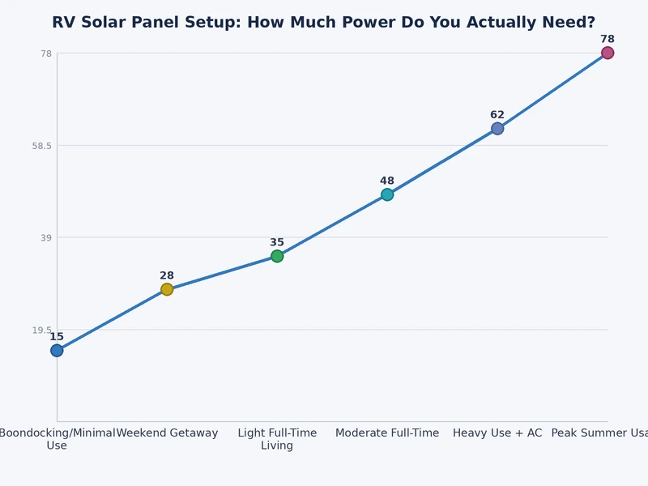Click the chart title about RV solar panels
(323, 23)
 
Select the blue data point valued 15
(57, 351)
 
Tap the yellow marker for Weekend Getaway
(167, 289)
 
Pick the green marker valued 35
(277, 257)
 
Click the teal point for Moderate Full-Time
(387, 194)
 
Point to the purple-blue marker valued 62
(497, 129)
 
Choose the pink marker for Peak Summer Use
(607, 53)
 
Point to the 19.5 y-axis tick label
(41, 330)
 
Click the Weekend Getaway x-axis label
(167, 433)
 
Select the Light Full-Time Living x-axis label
(277, 439)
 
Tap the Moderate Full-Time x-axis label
(387, 433)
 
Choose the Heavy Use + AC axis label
(497, 433)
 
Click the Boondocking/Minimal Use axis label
(57, 439)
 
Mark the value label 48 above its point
(387, 181)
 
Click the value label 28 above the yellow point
(167, 276)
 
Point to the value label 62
(497, 116)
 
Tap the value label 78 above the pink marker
(607, 40)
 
